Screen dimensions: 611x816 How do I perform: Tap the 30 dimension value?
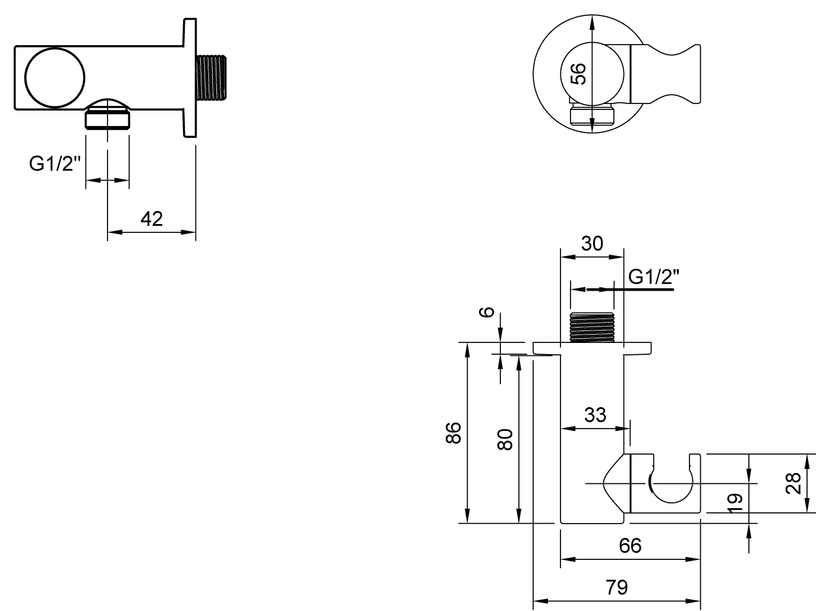592,244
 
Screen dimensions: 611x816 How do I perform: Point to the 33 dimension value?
596,414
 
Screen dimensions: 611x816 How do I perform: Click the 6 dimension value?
487,312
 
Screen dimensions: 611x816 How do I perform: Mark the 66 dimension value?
631,546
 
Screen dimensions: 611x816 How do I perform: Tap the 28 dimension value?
793,483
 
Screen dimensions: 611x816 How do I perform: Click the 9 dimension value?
735,500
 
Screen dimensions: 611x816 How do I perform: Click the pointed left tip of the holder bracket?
606,481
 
